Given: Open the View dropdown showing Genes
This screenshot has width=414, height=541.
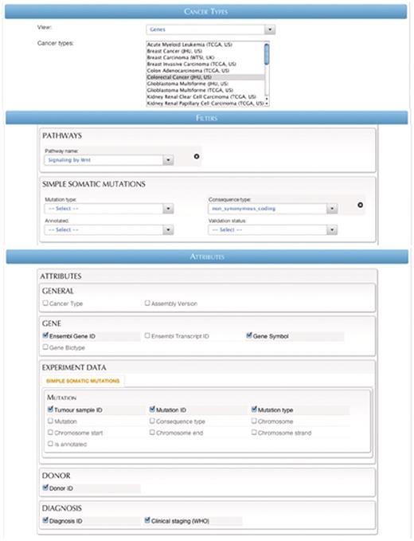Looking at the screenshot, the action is [x=210, y=29].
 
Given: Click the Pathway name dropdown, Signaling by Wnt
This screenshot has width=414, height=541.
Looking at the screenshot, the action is [x=109, y=159].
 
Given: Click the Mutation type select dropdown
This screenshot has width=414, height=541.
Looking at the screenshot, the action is [x=109, y=209].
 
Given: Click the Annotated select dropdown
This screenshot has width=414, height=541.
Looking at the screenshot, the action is [x=109, y=229].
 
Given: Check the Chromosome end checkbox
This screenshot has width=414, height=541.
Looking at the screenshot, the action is [x=152, y=433].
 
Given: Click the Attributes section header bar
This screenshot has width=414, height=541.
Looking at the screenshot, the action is [x=207, y=257].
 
